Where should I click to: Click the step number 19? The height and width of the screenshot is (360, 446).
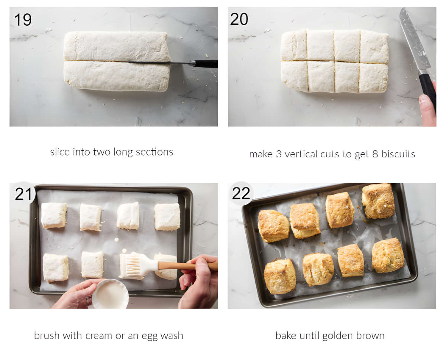point(23,19)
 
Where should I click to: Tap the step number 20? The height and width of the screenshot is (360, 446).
point(239,19)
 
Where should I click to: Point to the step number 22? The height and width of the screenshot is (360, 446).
point(241,193)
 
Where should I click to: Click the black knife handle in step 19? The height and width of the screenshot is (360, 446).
point(206,64)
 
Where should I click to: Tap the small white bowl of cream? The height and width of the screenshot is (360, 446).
point(110,294)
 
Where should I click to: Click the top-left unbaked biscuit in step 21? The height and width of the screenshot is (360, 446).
point(54,216)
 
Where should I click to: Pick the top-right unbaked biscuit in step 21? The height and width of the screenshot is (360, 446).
point(167,216)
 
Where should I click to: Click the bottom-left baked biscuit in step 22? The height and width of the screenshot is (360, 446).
point(279,276)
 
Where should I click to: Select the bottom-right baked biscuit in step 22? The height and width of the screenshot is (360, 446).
point(388,255)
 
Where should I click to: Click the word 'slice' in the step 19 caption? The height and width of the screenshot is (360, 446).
point(59,152)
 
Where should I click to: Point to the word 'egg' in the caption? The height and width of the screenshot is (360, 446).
point(150,336)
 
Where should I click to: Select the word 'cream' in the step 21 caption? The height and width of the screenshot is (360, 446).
point(99,336)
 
